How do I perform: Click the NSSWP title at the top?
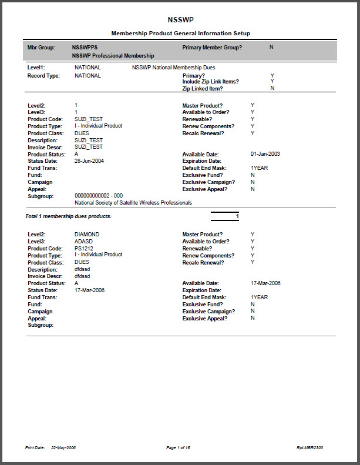(x=180, y=19)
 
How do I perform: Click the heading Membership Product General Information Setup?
(x=180, y=34)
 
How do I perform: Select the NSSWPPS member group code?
(x=85, y=47)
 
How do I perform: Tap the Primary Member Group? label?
(x=212, y=47)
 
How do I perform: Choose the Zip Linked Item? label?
(x=203, y=88)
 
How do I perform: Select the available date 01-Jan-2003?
(x=265, y=154)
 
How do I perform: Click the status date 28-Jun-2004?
(x=89, y=161)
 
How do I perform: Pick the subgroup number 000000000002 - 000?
(x=99, y=196)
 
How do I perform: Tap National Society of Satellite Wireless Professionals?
(x=133, y=203)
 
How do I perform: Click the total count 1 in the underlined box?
(x=237, y=216)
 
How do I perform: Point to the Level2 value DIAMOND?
(x=87, y=235)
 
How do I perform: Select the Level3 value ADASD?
(x=85, y=242)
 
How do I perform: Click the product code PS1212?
(x=84, y=248)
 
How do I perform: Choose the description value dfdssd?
(x=82, y=269)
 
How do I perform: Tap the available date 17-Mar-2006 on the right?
(x=265, y=283)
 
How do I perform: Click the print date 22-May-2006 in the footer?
(x=63, y=447)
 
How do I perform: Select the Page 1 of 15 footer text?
(x=178, y=447)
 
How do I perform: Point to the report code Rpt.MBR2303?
(x=309, y=447)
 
